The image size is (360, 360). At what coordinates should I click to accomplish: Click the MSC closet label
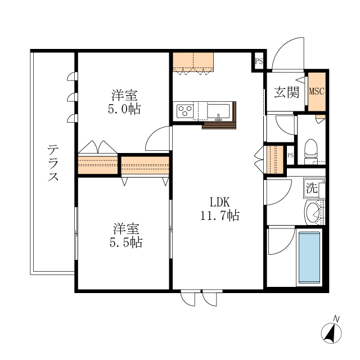[x=316, y=92]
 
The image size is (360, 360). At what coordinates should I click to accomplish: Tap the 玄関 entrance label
[x=286, y=93]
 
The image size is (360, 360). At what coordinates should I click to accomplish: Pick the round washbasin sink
[x=313, y=213]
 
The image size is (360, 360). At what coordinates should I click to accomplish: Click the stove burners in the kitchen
[x=184, y=111]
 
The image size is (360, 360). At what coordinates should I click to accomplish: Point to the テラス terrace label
[x=53, y=164]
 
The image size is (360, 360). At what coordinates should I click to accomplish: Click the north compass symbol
[x=332, y=332]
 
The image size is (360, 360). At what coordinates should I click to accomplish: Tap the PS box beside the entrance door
[x=259, y=62]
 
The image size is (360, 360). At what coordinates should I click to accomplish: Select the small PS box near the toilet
[x=291, y=156]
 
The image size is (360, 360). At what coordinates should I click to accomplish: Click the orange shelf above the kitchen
[x=193, y=62]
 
